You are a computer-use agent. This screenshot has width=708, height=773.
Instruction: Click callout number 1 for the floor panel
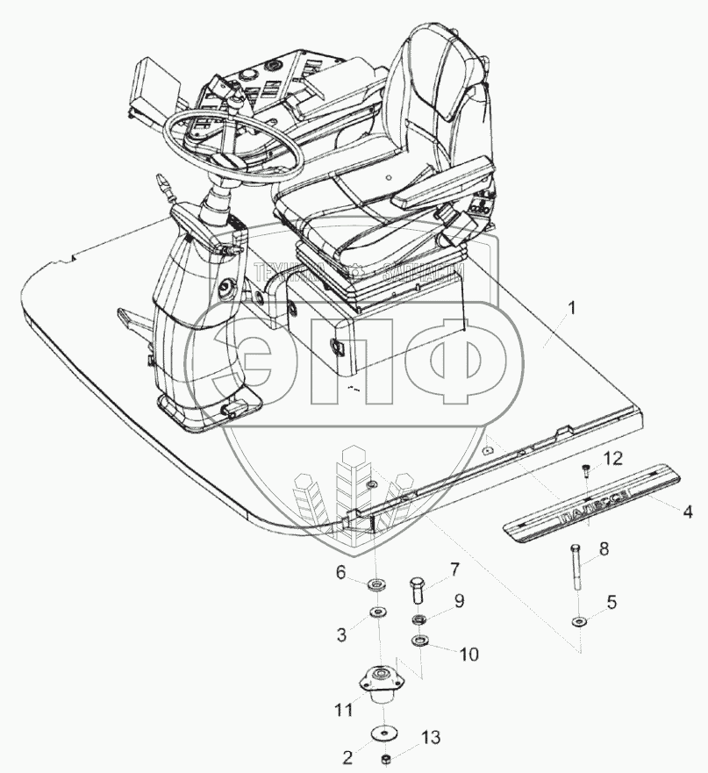[x=571, y=309]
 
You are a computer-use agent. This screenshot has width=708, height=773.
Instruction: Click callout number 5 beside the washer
[x=612, y=603]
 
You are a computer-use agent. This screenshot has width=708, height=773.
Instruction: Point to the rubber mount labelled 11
[x=382, y=686]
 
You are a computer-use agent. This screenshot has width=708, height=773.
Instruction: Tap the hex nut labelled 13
[x=385, y=757]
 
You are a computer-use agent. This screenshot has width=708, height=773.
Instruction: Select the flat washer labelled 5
[x=579, y=622]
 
